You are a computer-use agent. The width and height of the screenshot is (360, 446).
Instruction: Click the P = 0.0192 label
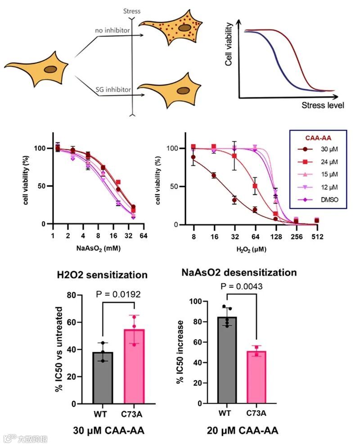coord(119,295)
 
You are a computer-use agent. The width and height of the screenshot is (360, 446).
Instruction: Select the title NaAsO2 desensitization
coord(239,273)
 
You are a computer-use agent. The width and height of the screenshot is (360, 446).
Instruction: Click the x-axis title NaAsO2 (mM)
coord(98,247)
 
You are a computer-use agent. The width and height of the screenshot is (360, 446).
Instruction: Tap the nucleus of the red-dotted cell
coord(184,27)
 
